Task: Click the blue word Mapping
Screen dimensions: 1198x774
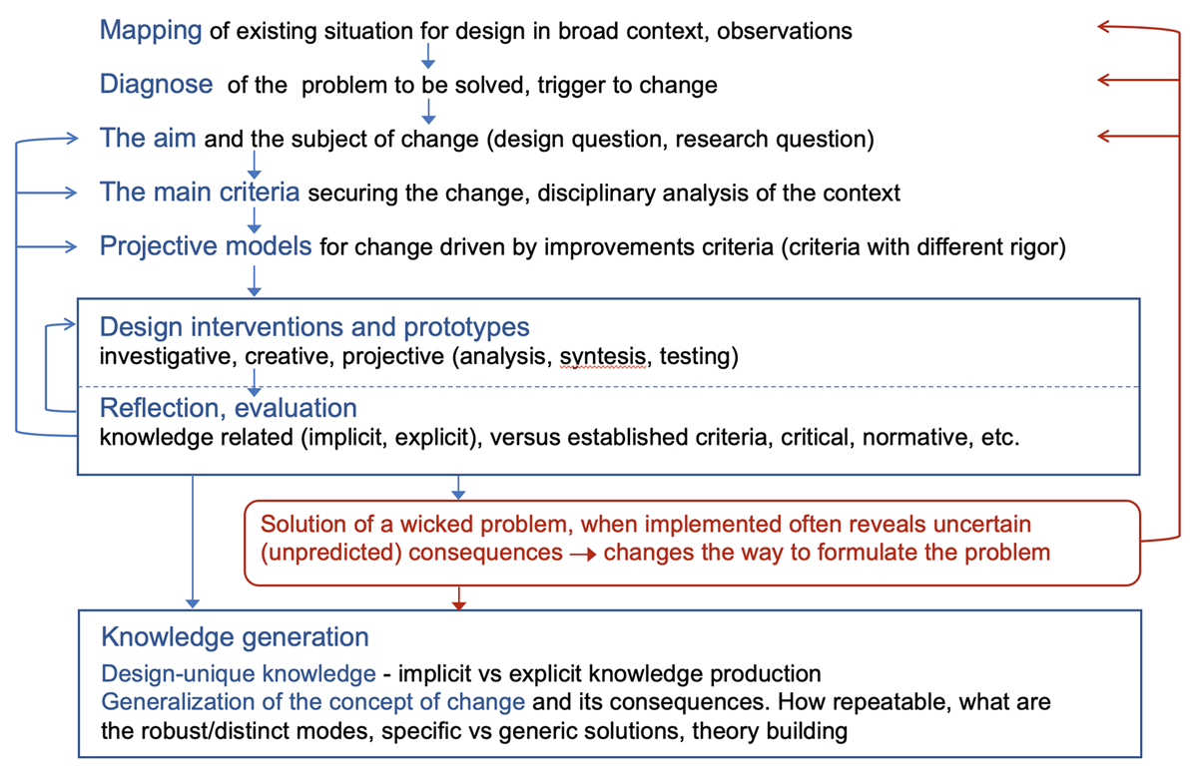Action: click(151, 31)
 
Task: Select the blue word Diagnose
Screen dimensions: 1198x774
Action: click(156, 85)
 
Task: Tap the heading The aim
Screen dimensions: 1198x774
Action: click(148, 138)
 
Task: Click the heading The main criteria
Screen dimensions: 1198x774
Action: click(200, 192)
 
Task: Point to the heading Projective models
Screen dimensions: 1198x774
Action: click(206, 246)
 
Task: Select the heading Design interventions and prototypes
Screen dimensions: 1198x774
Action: click(314, 327)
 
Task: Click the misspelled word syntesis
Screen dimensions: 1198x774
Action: click(603, 357)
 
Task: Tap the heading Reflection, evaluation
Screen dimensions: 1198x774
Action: click(229, 408)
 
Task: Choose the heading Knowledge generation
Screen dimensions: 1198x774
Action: click(235, 637)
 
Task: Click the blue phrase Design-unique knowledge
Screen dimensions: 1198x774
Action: click(239, 673)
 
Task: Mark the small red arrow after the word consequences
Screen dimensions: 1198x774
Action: click(583, 555)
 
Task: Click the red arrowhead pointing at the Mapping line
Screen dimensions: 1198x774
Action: click(1105, 26)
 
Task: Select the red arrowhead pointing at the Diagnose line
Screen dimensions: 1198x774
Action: click(1105, 80)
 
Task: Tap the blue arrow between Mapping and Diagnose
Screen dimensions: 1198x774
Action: click(428, 56)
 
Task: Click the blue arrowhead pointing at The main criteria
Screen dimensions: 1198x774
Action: click(71, 193)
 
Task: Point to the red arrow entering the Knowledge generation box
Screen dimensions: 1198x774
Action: click(459, 598)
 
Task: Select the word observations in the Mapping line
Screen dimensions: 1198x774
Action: click(784, 31)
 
